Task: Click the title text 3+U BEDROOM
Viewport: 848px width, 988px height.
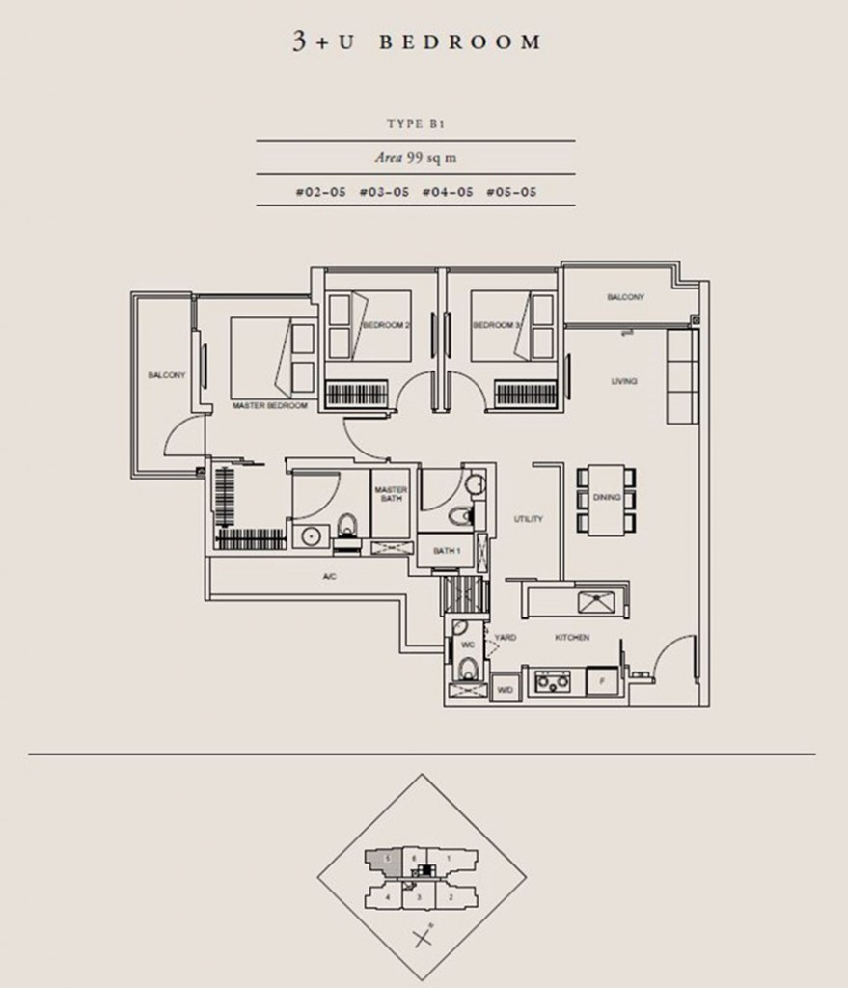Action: (417, 41)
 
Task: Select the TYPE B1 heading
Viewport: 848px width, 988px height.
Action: (416, 124)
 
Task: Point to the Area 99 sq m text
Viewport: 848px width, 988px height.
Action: (416, 157)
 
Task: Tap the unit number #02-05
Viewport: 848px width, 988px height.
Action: (320, 192)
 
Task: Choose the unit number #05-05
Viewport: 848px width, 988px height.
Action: (511, 192)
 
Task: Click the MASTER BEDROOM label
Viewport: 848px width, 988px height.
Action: (269, 406)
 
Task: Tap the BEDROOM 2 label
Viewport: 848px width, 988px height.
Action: (386, 326)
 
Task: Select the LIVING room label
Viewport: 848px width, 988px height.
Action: (624, 382)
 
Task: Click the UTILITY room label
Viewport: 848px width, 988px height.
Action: (528, 519)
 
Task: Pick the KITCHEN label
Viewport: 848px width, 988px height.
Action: (571, 638)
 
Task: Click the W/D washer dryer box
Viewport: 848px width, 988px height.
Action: (504, 690)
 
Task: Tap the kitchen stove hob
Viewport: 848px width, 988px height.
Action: (555, 683)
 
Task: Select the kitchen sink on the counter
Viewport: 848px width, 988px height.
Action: (598, 603)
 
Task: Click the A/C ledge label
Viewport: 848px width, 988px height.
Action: (328, 576)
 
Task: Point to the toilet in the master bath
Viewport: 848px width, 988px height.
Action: (349, 526)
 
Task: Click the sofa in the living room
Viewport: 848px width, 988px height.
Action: (680, 376)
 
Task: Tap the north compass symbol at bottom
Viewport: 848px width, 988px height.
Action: (422, 936)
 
